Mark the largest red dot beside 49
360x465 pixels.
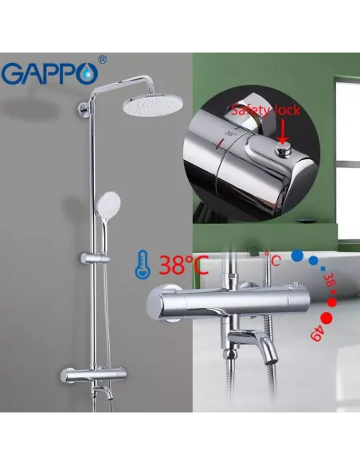[328, 302]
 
